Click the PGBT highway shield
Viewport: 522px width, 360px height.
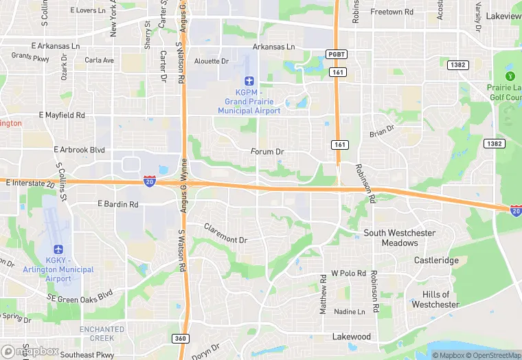(x=337, y=54)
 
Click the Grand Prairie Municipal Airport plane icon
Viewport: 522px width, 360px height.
(x=249, y=82)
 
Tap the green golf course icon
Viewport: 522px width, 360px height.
(x=510, y=76)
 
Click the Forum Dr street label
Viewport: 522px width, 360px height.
(x=268, y=151)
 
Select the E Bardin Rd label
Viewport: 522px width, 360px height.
(x=118, y=204)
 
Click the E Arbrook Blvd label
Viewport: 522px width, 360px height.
(x=79, y=150)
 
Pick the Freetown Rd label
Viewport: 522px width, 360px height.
(x=391, y=12)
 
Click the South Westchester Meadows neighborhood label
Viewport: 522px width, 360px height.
(x=399, y=238)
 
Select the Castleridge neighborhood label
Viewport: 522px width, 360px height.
(x=436, y=261)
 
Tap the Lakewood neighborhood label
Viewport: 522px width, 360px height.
(x=352, y=337)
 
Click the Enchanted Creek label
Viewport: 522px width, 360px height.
(x=102, y=334)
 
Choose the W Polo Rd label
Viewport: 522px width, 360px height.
(x=348, y=273)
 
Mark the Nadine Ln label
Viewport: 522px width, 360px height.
(x=349, y=311)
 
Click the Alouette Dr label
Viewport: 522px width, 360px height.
(x=212, y=60)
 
